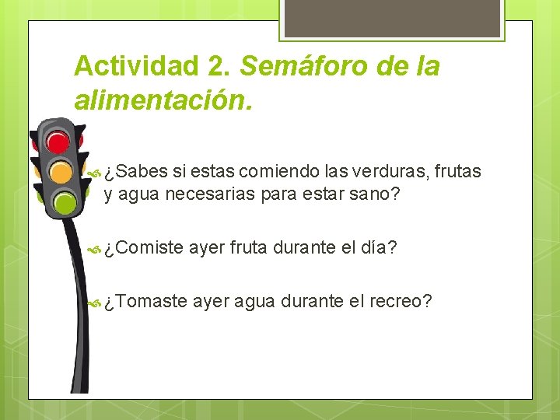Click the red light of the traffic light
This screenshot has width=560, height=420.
(x=58, y=142)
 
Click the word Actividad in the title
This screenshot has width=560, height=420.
(x=137, y=66)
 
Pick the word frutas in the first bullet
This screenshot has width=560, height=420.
(x=457, y=171)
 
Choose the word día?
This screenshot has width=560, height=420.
(x=380, y=248)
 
